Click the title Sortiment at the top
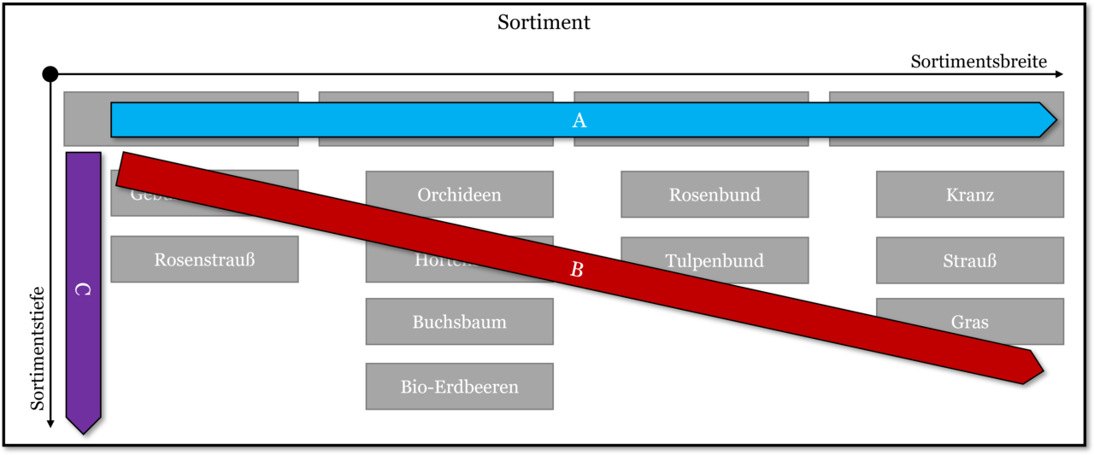click(544, 23)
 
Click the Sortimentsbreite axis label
click(979, 61)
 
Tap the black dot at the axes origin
click(50, 75)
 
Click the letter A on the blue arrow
click(579, 121)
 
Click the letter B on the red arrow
click(577, 271)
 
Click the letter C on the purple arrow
click(83, 290)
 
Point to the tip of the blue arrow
click(1056, 120)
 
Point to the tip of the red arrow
click(1042, 371)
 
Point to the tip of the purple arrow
click(83, 432)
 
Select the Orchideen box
click(459, 195)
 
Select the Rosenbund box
click(715, 195)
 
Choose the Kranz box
click(970, 195)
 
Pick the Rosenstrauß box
click(204, 260)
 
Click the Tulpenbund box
click(715, 260)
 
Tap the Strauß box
click(970, 260)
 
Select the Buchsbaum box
click(459, 322)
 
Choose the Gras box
click(970, 322)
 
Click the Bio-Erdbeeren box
click(459, 387)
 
